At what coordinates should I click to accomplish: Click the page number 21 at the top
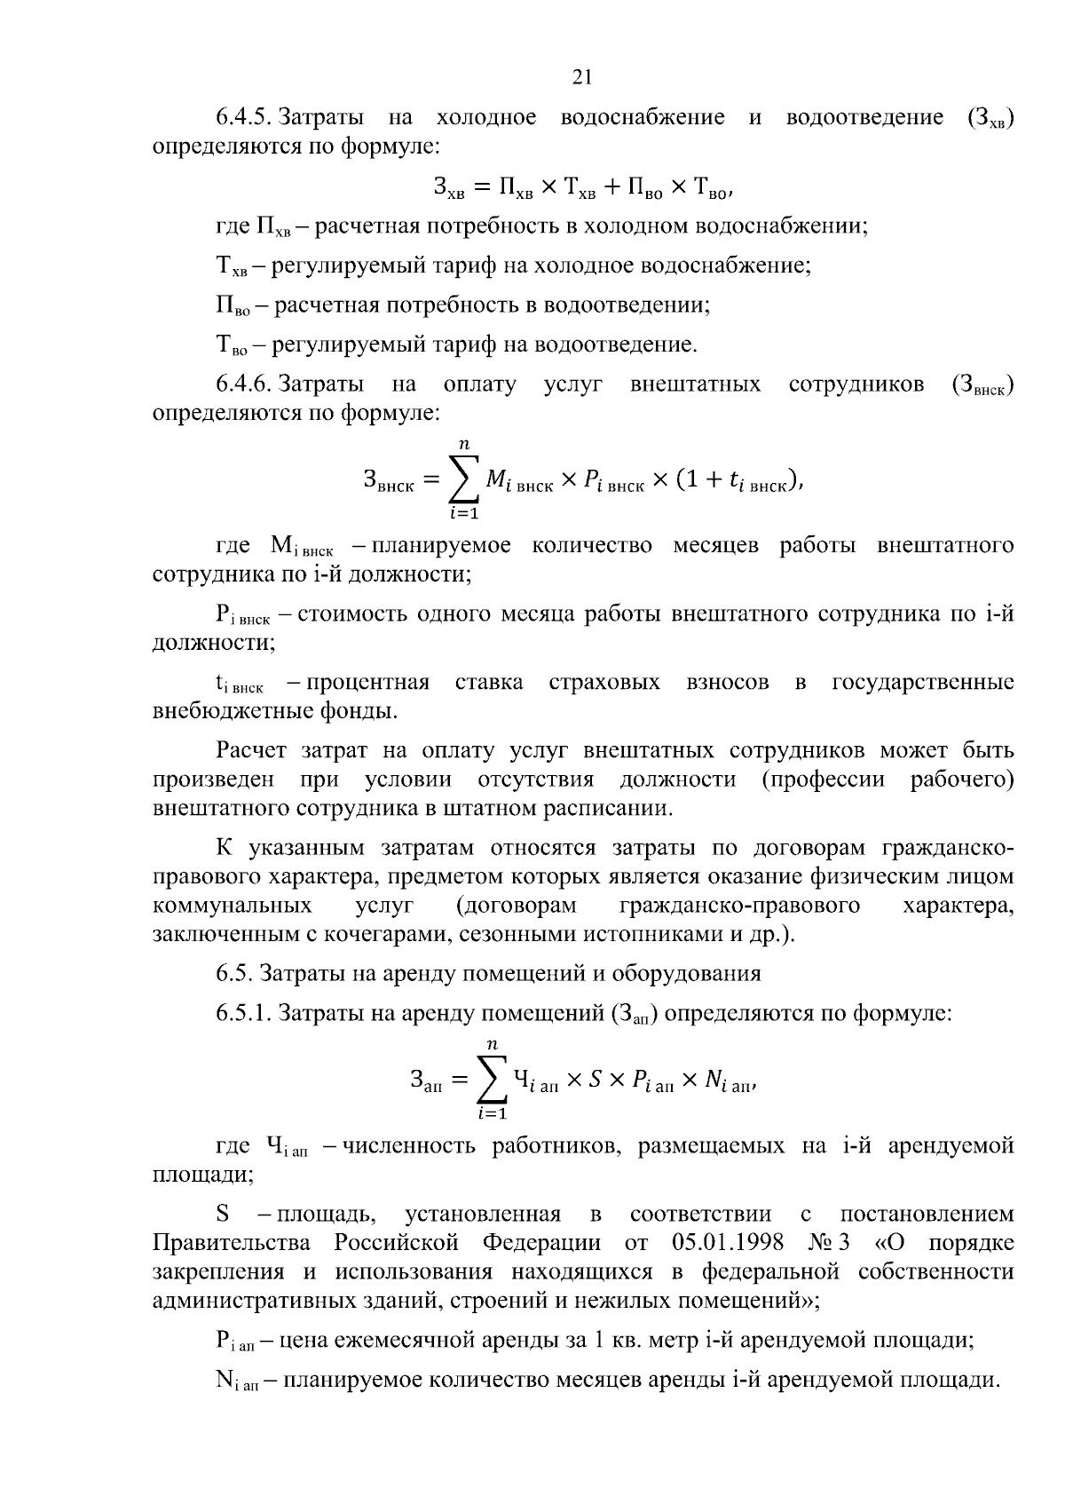tap(581, 77)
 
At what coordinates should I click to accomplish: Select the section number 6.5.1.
tap(244, 1013)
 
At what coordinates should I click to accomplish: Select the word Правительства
tap(233, 1242)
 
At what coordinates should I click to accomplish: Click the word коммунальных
tap(233, 906)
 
